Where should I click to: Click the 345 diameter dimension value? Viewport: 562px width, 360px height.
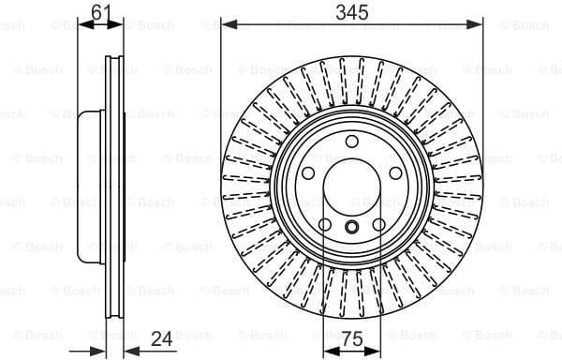tap(352, 11)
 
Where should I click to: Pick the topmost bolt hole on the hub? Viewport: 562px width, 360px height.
tap(352, 142)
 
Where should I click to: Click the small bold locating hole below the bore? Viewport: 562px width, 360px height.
tap(352, 228)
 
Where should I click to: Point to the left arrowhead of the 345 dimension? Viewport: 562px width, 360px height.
tap(226, 24)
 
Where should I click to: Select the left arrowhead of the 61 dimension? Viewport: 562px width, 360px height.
tap(81, 24)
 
